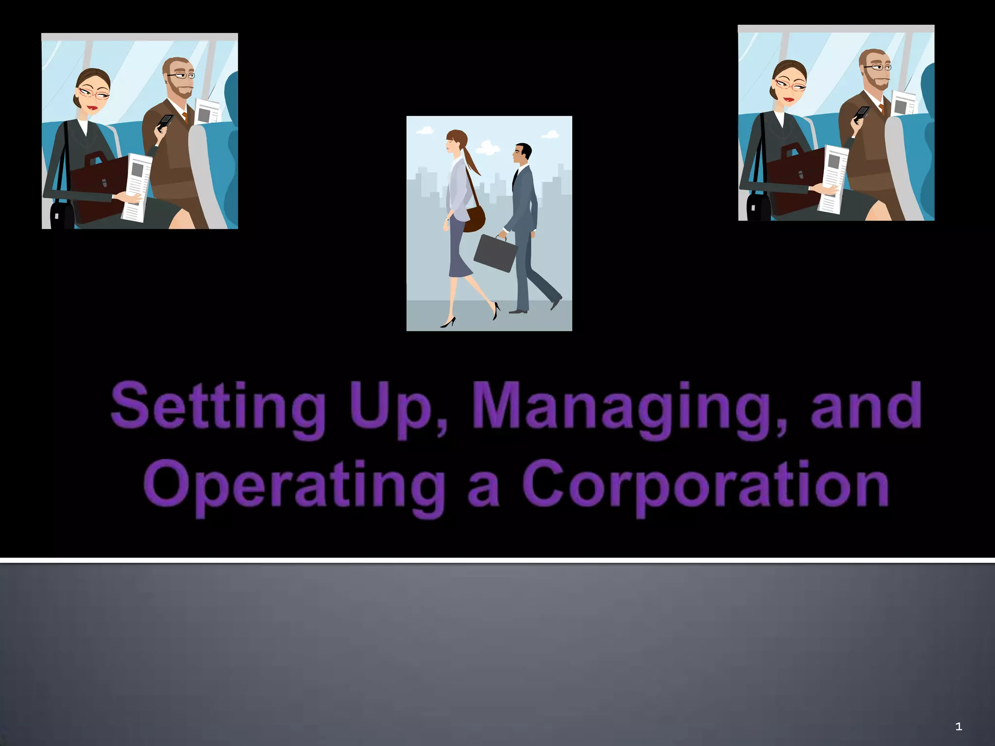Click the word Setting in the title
pyautogui.click(x=218, y=408)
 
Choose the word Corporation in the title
pyautogui.click(x=705, y=486)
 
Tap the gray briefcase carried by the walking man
pyautogui.click(x=495, y=253)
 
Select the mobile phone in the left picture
pyautogui.click(x=165, y=121)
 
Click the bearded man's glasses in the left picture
pyautogui.click(x=182, y=75)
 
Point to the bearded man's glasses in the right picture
pyautogui.click(x=877, y=67)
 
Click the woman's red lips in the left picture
pyautogui.click(x=92, y=107)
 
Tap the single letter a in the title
pyautogui.click(x=483, y=488)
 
